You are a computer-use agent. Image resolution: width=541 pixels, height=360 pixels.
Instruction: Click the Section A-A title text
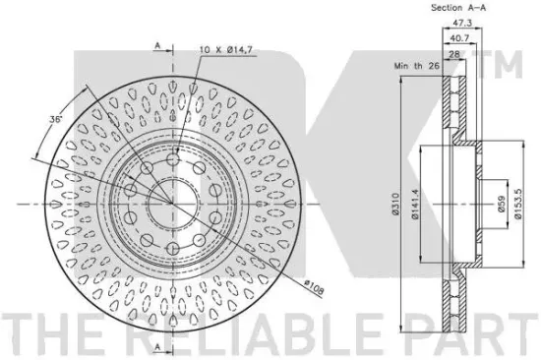(x=458, y=8)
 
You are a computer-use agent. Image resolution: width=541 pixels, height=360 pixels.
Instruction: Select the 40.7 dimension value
(x=460, y=38)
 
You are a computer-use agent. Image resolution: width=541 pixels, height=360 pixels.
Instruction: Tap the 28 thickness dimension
(x=454, y=54)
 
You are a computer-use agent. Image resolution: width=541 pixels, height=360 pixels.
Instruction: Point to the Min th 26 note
(x=416, y=66)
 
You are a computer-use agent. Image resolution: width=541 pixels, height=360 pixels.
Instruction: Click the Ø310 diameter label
(x=395, y=204)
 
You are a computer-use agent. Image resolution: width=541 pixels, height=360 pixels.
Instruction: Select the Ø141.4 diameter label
(x=415, y=204)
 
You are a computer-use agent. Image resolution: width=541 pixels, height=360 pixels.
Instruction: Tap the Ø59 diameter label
(x=502, y=204)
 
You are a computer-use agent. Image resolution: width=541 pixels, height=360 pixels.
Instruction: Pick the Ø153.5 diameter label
(x=518, y=204)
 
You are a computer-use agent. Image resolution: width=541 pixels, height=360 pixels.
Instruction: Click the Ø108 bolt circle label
(x=315, y=287)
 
